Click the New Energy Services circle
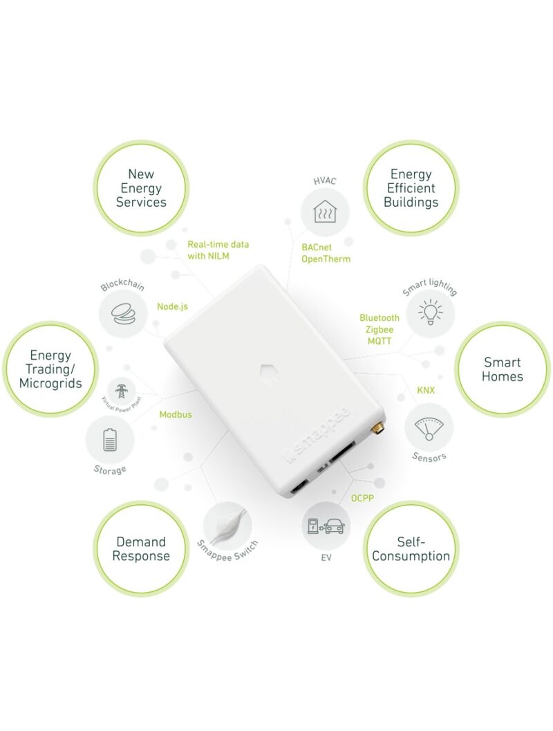click(x=141, y=188)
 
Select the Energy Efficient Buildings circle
click(x=411, y=188)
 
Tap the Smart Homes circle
click(x=503, y=369)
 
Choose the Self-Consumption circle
click(x=411, y=549)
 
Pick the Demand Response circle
click(x=141, y=549)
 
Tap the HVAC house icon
click(x=325, y=212)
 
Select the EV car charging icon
click(x=326, y=526)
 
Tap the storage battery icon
click(x=110, y=440)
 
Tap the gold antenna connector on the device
click(x=379, y=429)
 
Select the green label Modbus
click(x=176, y=415)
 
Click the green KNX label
click(x=427, y=390)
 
